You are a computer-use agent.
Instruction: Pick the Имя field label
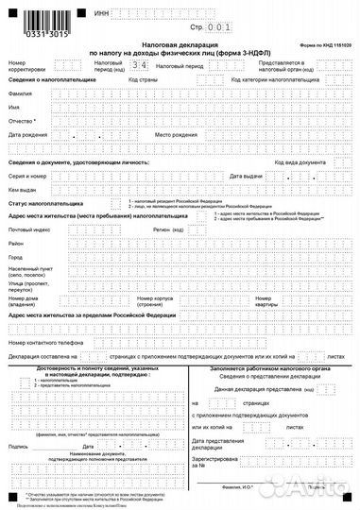point(14,109)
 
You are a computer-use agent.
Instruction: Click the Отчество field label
point(22,122)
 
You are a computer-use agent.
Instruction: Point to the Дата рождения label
point(27,135)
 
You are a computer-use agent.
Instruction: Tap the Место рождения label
point(175,135)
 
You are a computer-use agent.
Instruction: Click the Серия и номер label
point(28,177)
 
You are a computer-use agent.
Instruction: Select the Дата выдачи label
point(247,177)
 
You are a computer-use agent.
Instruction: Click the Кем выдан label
point(23,190)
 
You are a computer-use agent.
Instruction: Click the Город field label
point(16,257)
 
